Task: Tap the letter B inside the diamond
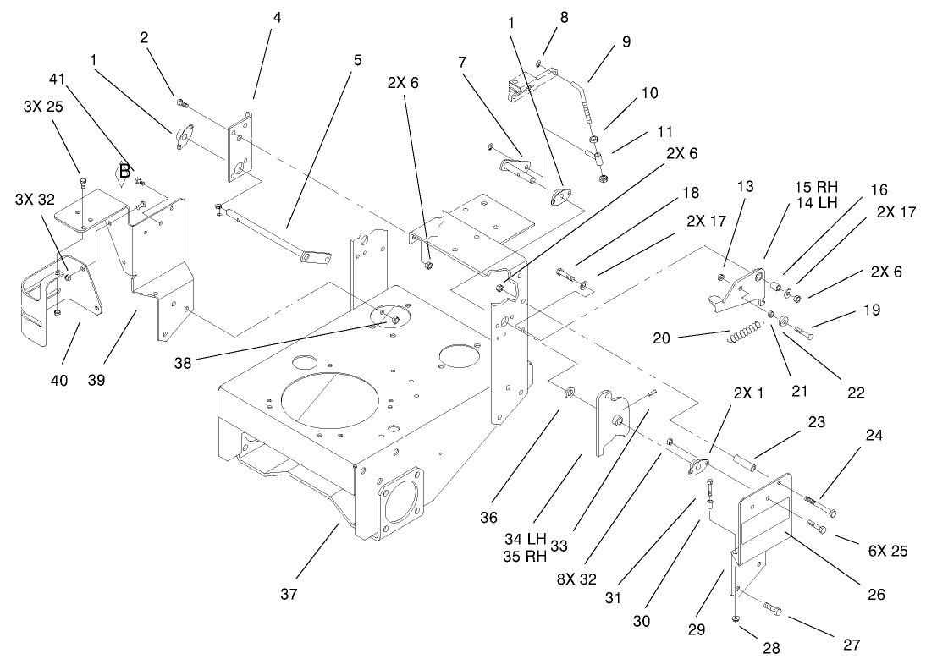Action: pyautogui.click(x=124, y=172)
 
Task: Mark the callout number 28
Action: pyautogui.click(x=771, y=649)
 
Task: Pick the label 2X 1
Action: pyautogui.click(x=747, y=393)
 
